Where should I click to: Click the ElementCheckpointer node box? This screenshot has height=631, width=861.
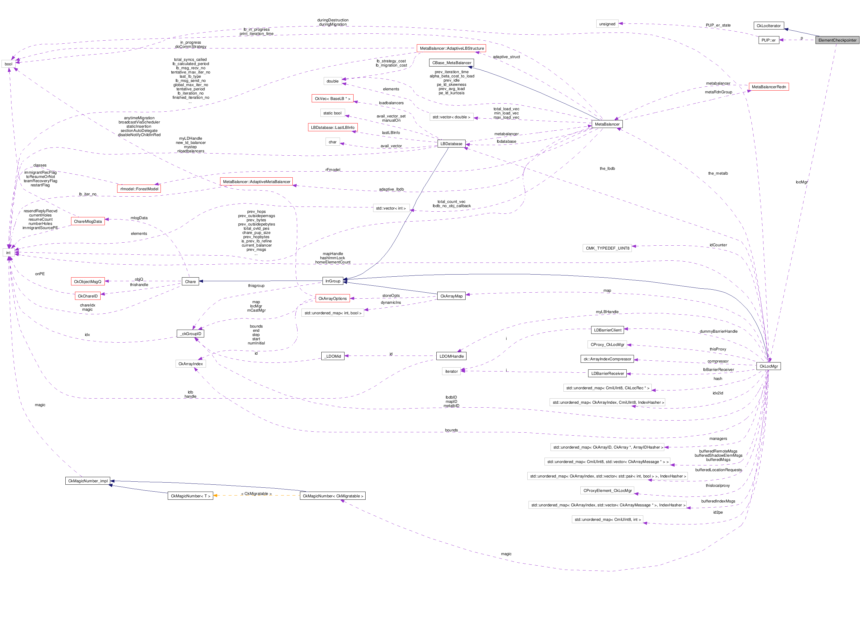click(837, 40)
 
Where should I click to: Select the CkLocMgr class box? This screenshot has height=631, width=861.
click(768, 366)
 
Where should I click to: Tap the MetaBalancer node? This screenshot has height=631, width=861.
click(607, 124)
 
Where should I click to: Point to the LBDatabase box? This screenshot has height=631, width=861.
click(451, 144)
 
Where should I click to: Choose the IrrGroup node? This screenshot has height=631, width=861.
click(332, 281)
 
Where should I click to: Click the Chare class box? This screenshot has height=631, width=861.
click(190, 281)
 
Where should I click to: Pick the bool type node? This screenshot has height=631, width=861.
click(8, 64)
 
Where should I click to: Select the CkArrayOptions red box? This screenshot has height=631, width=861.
click(332, 298)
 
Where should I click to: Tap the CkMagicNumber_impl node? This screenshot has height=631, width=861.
click(88, 480)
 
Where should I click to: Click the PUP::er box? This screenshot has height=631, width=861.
click(768, 40)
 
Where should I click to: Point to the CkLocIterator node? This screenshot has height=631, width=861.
click(768, 26)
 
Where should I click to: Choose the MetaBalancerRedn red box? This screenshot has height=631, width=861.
click(768, 87)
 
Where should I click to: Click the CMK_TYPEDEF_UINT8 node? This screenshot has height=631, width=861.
click(607, 248)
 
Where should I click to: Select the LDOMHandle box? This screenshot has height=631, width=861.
click(451, 356)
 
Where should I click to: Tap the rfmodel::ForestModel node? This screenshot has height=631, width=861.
click(139, 189)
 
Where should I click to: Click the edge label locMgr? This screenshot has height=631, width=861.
click(801, 182)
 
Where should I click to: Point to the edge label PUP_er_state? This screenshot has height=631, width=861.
click(718, 25)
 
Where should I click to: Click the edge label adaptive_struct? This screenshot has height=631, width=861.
click(506, 57)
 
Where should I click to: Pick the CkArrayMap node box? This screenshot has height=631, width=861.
click(451, 296)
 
